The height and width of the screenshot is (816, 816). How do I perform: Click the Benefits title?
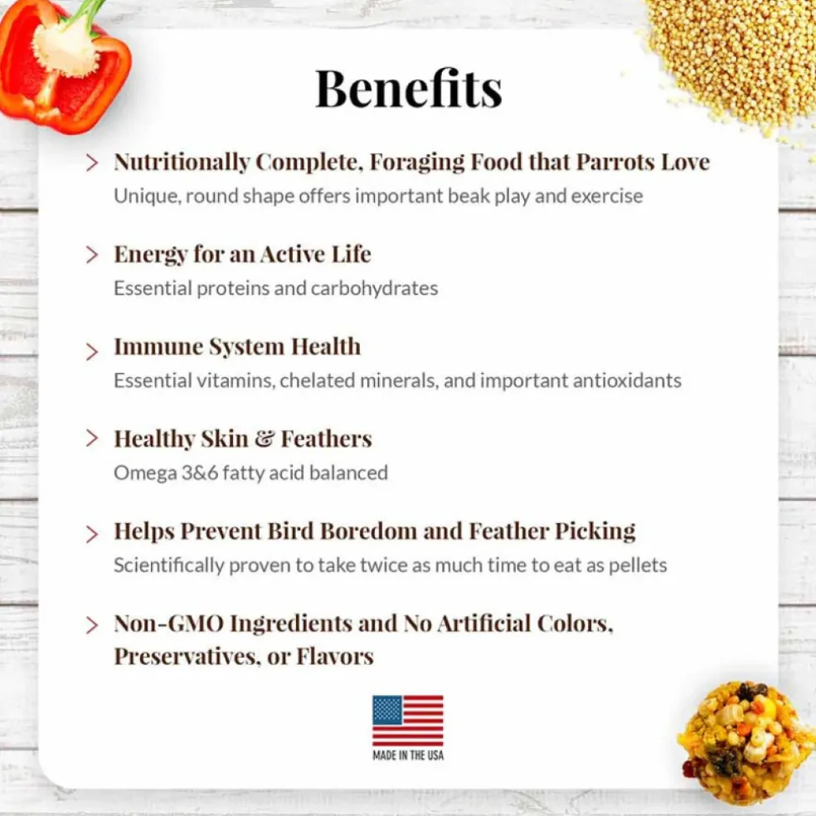point(409,89)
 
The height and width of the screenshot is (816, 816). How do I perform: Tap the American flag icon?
point(408,721)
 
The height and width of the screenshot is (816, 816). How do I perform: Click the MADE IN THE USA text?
point(408,755)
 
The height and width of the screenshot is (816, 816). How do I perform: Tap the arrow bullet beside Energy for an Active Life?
point(91,255)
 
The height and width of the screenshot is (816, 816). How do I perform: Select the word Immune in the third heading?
point(158,347)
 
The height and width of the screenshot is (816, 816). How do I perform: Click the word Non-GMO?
point(168,624)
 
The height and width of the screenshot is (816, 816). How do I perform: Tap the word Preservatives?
point(186,656)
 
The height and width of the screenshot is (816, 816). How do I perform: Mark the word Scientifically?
point(168,566)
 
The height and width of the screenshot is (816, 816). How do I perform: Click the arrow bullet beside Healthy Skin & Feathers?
point(91,438)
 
